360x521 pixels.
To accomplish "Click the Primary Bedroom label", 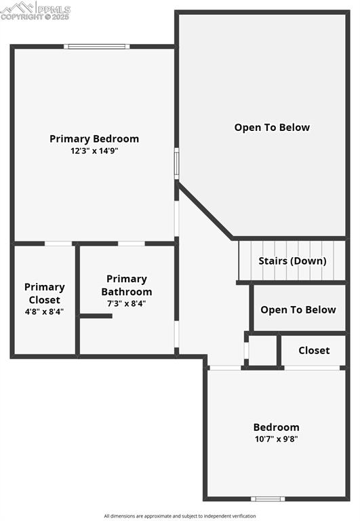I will click(x=94, y=139).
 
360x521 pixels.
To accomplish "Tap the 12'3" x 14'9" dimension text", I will click(x=94, y=151).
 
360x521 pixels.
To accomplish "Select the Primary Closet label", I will click(x=45, y=293).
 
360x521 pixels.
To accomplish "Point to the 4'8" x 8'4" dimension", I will click(x=44, y=311).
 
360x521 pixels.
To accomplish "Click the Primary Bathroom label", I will click(x=127, y=285).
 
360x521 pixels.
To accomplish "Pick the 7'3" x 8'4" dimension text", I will click(x=127, y=303).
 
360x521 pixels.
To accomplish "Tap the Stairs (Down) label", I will click(x=292, y=260).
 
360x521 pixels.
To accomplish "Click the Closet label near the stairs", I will click(x=314, y=350).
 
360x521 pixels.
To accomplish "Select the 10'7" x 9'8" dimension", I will click(x=276, y=438).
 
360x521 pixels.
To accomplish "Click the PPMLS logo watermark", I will click(x=35, y=10).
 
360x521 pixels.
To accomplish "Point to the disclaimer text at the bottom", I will click(x=180, y=516).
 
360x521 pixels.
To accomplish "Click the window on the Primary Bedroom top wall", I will click(x=96, y=46).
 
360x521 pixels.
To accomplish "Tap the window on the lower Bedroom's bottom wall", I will click(x=268, y=499).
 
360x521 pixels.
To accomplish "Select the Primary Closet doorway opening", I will click(x=58, y=243).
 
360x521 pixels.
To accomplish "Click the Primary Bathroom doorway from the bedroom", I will click(x=132, y=243).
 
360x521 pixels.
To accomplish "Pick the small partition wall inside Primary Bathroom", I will click(x=96, y=315).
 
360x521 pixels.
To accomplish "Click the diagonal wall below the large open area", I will click(x=205, y=210).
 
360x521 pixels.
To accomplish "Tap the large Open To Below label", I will click(x=272, y=128).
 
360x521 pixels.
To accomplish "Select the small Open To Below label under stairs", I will click(x=298, y=310).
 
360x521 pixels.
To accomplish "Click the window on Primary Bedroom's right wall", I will click(x=177, y=163).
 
